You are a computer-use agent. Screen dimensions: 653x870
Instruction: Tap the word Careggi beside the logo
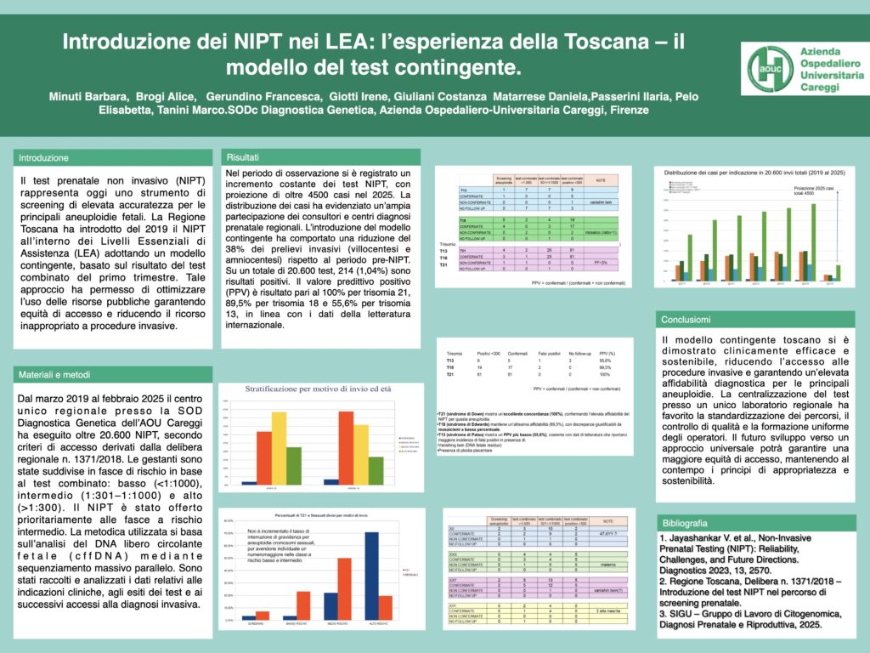point(825,88)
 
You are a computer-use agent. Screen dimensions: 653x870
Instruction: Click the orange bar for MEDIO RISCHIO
point(345,588)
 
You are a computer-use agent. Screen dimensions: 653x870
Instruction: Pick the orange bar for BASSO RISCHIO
point(303,605)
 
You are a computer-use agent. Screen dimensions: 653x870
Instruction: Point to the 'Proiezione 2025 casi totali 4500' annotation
point(816,191)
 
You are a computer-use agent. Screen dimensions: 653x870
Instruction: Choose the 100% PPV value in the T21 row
point(605,374)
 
